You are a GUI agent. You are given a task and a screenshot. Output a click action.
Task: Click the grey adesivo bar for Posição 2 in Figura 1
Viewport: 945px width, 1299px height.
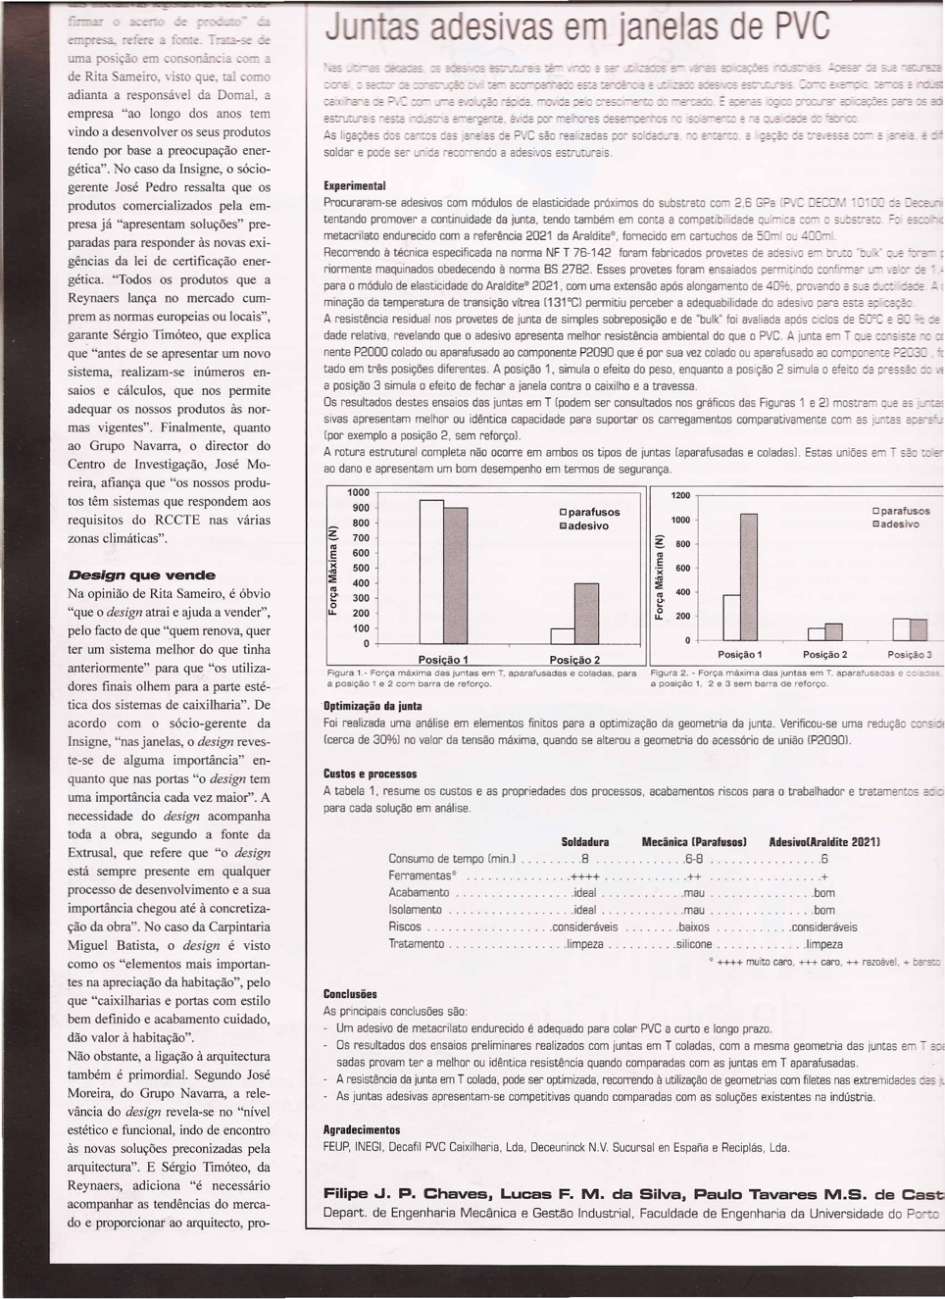(585, 613)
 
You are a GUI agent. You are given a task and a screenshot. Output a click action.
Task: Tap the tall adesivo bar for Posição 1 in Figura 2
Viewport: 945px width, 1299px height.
(748, 576)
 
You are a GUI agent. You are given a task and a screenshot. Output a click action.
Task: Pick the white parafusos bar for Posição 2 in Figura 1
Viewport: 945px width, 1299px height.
(562, 636)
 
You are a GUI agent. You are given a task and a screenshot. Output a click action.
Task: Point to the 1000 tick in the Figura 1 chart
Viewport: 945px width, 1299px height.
(358, 492)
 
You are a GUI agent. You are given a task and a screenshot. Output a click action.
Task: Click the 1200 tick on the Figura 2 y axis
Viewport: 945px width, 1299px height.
(680, 496)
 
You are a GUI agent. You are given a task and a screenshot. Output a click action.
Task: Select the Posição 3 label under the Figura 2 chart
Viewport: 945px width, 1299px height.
(910, 655)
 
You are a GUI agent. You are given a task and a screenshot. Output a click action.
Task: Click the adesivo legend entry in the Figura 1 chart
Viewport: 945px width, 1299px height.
(584, 526)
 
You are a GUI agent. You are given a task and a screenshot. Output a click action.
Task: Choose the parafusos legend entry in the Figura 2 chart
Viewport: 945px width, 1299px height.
(901, 511)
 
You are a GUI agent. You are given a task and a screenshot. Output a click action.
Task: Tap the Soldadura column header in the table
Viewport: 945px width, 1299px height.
(584, 842)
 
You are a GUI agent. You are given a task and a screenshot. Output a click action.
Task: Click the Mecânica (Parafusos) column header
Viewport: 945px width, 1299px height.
(694, 842)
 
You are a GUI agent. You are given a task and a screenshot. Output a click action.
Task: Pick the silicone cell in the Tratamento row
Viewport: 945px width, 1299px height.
(694, 944)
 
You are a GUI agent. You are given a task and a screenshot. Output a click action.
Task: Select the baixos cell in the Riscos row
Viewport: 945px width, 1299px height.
(693, 926)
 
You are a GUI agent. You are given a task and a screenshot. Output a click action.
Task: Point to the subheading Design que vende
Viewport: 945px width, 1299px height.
(141, 575)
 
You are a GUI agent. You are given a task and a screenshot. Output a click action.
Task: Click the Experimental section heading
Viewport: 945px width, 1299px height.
(354, 185)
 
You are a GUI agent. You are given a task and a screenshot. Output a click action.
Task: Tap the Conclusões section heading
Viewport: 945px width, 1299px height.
(350, 993)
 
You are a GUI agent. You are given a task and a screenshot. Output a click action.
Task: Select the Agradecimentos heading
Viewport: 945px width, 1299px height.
(362, 1129)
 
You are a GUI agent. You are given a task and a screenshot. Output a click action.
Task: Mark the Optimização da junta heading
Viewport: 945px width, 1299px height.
(373, 706)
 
